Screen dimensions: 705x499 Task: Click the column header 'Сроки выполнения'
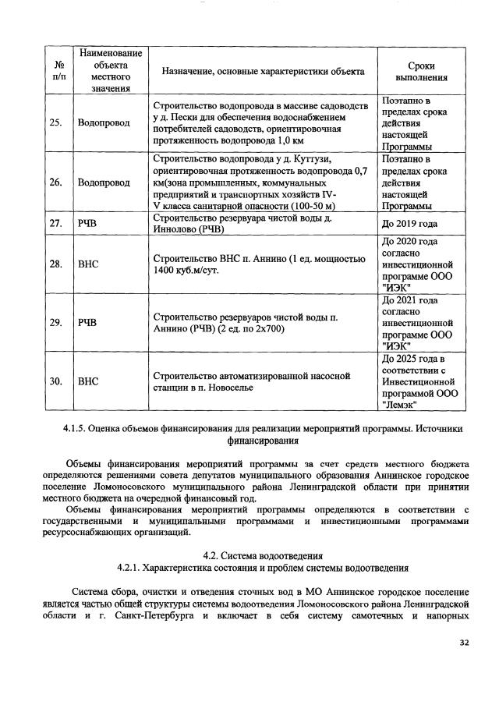(x=421, y=72)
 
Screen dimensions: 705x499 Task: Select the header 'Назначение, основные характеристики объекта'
(x=263, y=72)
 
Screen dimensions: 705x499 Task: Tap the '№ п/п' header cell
(x=56, y=72)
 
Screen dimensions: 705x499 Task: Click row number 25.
(x=56, y=123)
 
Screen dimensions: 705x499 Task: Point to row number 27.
(x=56, y=223)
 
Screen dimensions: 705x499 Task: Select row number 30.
(x=56, y=383)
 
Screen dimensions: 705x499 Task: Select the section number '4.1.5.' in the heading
(x=78, y=428)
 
